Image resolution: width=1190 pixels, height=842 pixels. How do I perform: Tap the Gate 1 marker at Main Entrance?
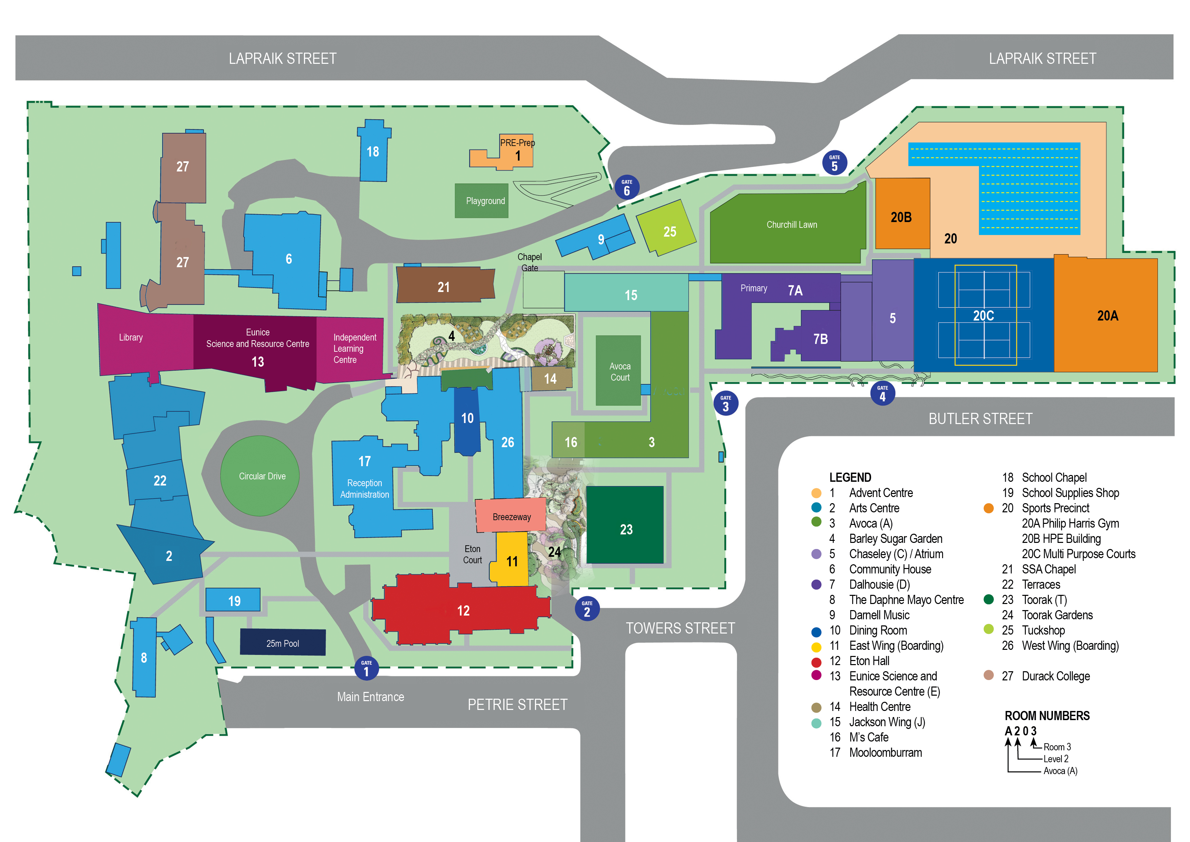pyautogui.click(x=366, y=668)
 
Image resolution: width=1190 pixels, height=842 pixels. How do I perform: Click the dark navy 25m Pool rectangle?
pyautogui.click(x=283, y=643)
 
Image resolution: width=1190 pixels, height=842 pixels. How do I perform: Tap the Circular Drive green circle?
pyautogui.click(x=260, y=476)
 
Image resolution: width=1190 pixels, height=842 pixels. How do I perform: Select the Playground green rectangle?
pyautogui.click(x=481, y=201)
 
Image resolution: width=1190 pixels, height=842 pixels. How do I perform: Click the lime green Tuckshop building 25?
pyautogui.click(x=667, y=229)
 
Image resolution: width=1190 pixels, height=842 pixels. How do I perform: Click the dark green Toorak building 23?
pyautogui.click(x=625, y=526)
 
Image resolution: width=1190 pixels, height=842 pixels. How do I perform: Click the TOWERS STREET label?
pyautogui.click(x=680, y=628)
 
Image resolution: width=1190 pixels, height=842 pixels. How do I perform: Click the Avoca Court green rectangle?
pyautogui.click(x=618, y=371)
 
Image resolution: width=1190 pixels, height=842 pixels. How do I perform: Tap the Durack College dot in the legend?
pyautogui.click(x=989, y=675)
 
